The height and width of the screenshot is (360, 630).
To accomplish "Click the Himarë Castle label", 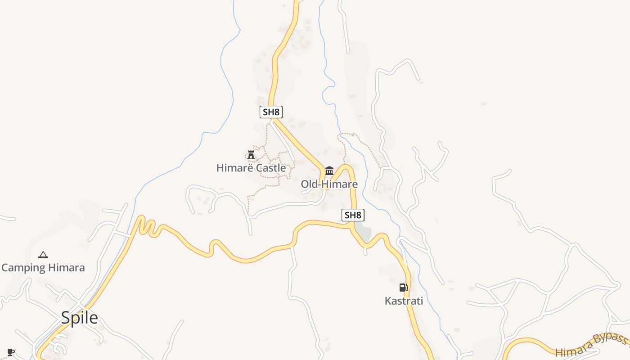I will (251, 168).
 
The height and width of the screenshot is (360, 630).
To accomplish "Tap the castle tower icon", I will (251, 155).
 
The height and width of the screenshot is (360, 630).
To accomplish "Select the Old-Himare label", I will (329, 184).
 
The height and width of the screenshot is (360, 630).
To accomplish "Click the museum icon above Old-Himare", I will (329, 171).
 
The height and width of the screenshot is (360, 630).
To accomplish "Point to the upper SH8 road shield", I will (271, 112).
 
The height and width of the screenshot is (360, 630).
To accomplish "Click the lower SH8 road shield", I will (352, 215).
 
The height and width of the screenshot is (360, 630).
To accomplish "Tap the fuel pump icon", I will (403, 288).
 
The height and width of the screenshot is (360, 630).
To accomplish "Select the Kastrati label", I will (404, 301).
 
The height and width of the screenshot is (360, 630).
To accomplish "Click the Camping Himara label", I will (43, 268).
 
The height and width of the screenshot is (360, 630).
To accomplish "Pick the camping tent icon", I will (43, 255).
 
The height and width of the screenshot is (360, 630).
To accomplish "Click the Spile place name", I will (79, 318).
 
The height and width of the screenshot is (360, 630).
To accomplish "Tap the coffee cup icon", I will (11, 352).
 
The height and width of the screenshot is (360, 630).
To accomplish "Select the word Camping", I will (23, 268).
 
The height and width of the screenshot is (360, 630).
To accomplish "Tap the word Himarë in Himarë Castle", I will (233, 168).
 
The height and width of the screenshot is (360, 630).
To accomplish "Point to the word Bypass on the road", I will (609, 341).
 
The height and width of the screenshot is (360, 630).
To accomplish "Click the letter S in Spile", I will (66, 318).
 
